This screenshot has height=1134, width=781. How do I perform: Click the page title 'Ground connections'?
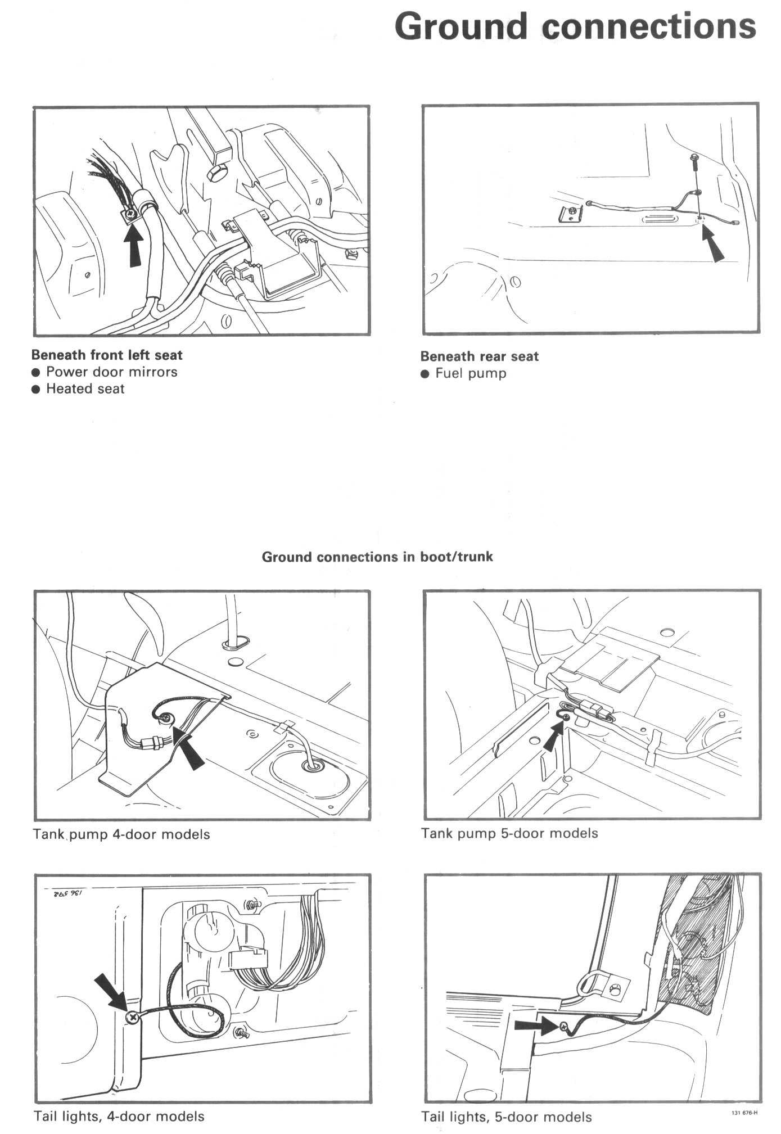click(x=575, y=26)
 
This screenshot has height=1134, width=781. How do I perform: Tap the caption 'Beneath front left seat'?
click(x=107, y=355)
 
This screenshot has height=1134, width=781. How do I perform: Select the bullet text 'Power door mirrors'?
click(x=111, y=372)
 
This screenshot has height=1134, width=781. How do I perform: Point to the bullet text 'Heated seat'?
click(x=85, y=389)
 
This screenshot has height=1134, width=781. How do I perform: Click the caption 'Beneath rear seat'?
click(x=479, y=356)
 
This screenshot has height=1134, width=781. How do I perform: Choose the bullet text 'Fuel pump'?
click(x=471, y=374)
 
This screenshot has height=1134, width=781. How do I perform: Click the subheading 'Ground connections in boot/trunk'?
click(x=377, y=557)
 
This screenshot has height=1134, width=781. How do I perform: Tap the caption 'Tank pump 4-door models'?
click(x=121, y=834)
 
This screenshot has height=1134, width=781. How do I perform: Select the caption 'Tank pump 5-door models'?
click(x=509, y=833)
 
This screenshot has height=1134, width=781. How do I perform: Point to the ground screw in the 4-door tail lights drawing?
click(x=132, y=1016)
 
